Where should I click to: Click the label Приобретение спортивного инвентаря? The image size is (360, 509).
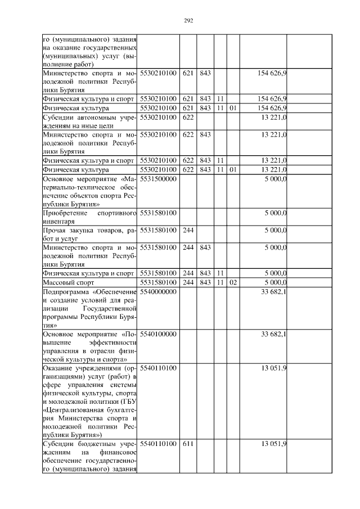tap(90, 217)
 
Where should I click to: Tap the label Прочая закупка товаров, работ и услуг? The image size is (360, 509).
tap(90, 235)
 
